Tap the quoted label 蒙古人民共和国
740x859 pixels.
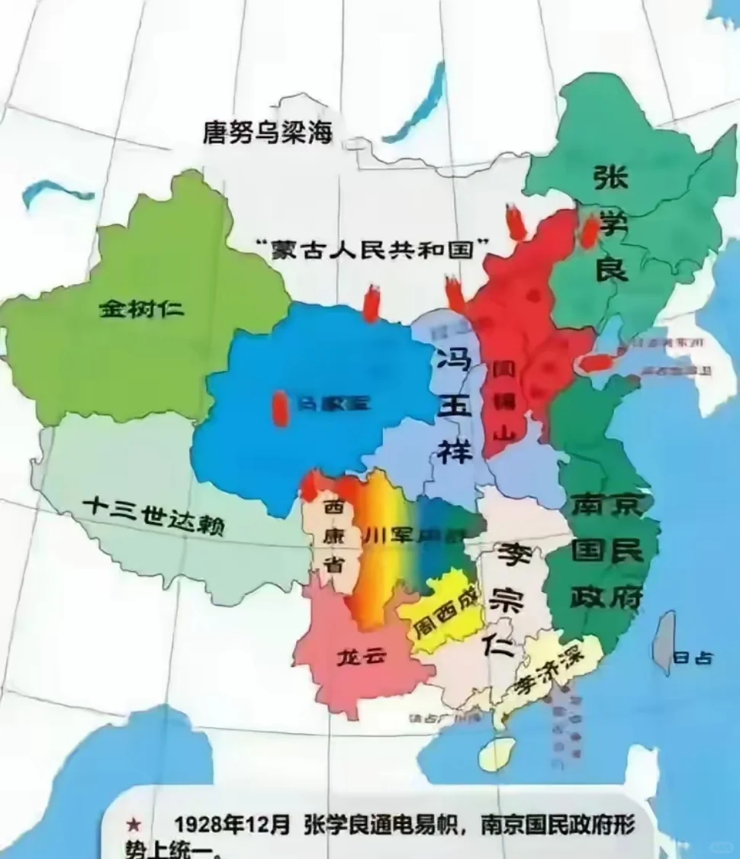(372, 249)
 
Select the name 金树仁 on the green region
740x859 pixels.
(142, 309)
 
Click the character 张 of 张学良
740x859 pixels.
(610, 182)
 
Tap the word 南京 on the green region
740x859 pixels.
(606, 507)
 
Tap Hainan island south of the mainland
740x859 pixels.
(495, 752)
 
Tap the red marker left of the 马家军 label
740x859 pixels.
(281, 408)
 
